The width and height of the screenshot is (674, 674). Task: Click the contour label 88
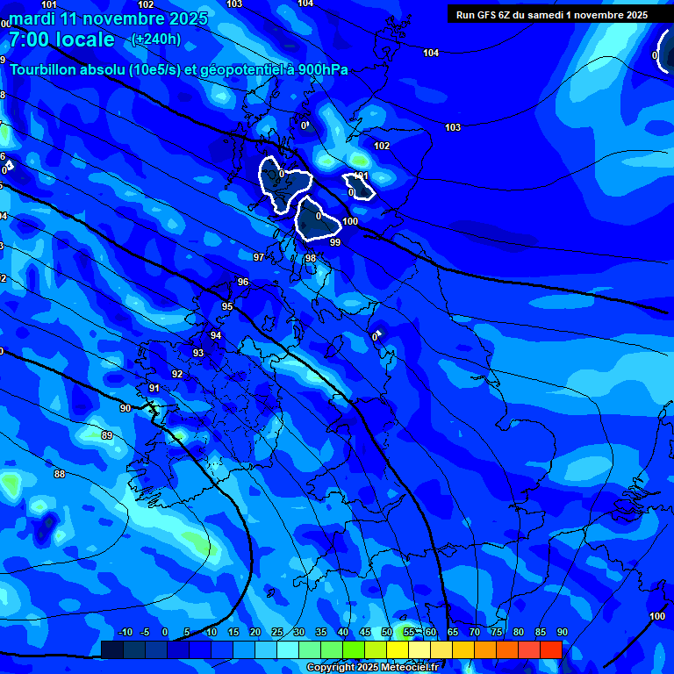[60, 474]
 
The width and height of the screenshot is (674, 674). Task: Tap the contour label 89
[107, 435]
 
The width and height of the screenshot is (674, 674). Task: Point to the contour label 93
[198, 353]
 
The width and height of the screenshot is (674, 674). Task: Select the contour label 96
[243, 282]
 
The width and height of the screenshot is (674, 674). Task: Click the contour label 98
[311, 258]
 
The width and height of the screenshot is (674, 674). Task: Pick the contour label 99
[334, 242]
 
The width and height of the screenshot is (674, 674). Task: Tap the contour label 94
[216, 335]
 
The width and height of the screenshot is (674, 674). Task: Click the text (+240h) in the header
[155, 39]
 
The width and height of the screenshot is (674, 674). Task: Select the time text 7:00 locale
[61, 39]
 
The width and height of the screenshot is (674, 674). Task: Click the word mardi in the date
[33, 18]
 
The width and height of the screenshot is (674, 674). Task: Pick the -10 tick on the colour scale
[125, 632]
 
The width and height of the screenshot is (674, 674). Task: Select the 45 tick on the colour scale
[364, 632]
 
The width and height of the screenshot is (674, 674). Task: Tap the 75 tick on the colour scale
[496, 632]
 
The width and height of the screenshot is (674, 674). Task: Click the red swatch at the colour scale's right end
[550, 649]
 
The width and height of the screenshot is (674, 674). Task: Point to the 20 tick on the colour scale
[255, 632]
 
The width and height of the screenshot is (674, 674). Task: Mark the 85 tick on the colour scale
[540, 632]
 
